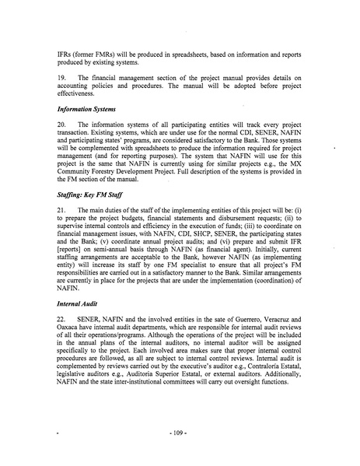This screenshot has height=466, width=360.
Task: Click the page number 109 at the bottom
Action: click(180, 430)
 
